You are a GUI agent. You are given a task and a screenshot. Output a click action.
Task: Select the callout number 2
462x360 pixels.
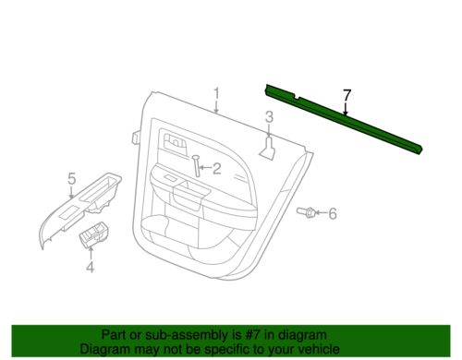217,168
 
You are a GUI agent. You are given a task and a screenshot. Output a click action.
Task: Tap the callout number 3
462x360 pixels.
269,117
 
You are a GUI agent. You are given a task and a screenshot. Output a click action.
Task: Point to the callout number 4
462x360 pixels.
90,267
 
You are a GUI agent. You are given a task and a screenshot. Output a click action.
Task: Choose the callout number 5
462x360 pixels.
71,178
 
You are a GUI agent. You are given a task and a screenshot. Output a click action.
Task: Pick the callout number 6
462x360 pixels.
333,213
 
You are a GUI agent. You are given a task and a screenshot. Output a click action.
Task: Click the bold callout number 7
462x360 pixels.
346,95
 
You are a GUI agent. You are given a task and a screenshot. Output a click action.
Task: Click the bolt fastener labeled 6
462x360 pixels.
305,212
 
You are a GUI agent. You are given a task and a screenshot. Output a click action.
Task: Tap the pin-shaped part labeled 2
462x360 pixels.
196,166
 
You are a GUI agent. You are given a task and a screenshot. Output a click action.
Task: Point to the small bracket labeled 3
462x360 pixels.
268,149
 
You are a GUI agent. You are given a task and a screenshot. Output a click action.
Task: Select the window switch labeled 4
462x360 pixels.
94,234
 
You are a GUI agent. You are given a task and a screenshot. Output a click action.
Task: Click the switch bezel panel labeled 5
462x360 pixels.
79,210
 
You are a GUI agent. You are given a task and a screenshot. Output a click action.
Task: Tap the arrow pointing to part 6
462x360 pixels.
321,212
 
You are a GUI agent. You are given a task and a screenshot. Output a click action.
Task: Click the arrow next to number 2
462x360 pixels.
205,168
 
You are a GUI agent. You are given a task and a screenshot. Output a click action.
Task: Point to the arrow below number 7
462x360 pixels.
346,109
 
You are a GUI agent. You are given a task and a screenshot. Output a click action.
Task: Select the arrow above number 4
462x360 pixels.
91,253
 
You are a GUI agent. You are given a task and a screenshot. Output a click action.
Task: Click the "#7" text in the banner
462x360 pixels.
251,334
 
